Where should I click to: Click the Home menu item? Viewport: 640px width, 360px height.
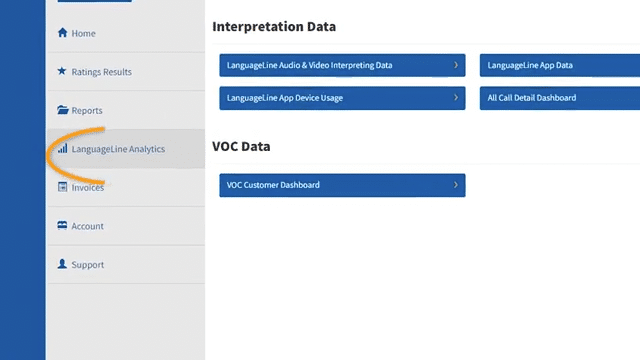(x=83, y=33)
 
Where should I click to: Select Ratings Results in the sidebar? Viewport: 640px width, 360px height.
(x=101, y=72)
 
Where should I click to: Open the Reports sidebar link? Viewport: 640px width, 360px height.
(x=86, y=110)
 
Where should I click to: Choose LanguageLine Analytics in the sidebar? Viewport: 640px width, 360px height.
(x=118, y=149)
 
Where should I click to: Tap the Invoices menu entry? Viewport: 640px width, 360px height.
(x=87, y=187)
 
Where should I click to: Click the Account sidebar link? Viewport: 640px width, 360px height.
(x=87, y=226)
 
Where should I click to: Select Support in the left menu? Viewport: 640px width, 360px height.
(x=87, y=265)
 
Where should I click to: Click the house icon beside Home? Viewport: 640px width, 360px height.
(x=63, y=33)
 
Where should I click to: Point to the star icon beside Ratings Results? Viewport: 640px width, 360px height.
(x=63, y=72)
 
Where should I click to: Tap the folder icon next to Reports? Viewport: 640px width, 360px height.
(x=63, y=110)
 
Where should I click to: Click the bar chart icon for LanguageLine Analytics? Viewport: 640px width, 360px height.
(x=63, y=149)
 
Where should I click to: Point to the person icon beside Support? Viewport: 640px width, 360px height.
(x=63, y=265)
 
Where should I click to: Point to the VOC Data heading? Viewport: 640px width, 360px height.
(x=241, y=146)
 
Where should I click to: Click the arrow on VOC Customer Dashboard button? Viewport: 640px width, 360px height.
(x=456, y=185)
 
